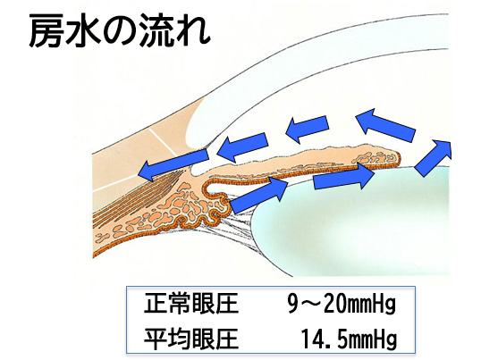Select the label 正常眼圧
click(191, 304)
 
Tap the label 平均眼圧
click(191, 339)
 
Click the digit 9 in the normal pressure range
click(293, 304)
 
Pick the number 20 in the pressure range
click(331, 304)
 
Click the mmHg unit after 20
click(369, 305)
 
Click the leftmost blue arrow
click(173, 166)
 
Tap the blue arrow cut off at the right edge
click(434, 157)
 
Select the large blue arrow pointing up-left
click(385, 125)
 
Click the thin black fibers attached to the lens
click(240, 226)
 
